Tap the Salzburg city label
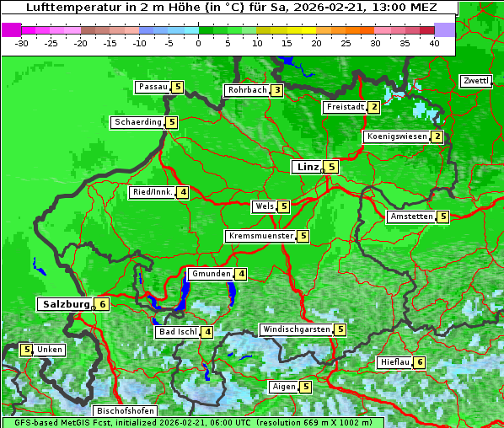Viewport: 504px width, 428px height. [65, 304]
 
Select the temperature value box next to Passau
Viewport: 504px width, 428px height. [177, 87]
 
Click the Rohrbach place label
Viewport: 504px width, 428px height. [247, 90]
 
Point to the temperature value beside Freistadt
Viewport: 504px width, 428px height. [373, 107]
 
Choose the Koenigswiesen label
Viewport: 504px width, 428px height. [397, 136]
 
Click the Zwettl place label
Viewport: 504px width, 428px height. [475, 81]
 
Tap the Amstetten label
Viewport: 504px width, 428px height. [411, 217]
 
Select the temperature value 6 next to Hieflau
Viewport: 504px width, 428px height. [420, 362]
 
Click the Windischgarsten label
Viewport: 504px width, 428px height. [296, 329]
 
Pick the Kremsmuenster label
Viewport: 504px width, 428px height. [260, 236]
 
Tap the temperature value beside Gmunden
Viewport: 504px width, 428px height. [241, 274]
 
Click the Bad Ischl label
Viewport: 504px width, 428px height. [177, 332]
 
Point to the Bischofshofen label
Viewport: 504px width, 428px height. [125, 410]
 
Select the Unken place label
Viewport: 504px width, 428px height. [50, 350]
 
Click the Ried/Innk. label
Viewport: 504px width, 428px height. [153, 192]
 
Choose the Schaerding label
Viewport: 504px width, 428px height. [138, 122]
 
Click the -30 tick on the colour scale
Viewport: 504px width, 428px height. [22, 43]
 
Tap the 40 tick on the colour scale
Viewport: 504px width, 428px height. [433, 43]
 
